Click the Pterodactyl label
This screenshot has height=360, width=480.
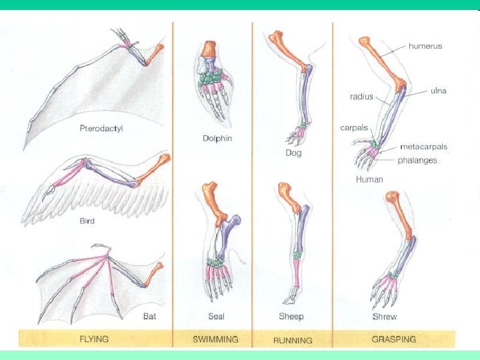pyautogui.click(x=102, y=128)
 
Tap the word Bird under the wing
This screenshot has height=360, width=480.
pyautogui.click(x=87, y=221)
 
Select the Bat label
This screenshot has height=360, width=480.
pyautogui.click(x=149, y=316)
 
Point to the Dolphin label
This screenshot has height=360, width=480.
pyautogui.click(x=217, y=139)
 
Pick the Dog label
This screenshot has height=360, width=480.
pyautogui.click(x=293, y=153)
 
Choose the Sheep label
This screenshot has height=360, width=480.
pyautogui.click(x=291, y=317)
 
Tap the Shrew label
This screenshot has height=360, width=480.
pyautogui.click(x=385, y=317)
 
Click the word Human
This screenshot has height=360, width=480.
pyautogui.click(x=369, y=179)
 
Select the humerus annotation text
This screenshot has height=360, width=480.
pyautogui.click(x=425, y=47)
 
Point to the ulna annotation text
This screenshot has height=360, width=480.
pyautogui.click(x=438, y=91)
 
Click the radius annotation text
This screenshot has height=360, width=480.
pyautogui.click(x=361, y=97)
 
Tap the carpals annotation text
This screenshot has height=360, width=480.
pyautogui.click(x=354, y=127)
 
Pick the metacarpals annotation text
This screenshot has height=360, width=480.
pyautogui.click(x=423, y=147)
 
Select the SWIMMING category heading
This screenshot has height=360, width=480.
pyautogui.click(x=215, y=339)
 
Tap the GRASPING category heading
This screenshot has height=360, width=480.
pyautogui.click(x=393, y=339)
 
